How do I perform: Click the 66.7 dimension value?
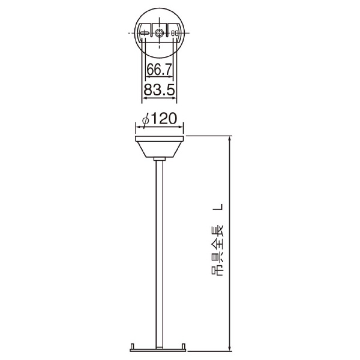click(x=159, y=70)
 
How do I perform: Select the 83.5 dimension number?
click(x=160, y=90)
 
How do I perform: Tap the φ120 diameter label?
click(x=160, y=119)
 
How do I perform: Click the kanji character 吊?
click(x=217, y=271)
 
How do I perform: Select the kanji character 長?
click(x=217, y=232)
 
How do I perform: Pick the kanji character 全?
click(x=217, y=245)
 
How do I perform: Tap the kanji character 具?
click(x=217, y=257)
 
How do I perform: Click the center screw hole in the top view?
click(x=158, y=33)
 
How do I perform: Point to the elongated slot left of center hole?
click(x=145, y=33)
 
